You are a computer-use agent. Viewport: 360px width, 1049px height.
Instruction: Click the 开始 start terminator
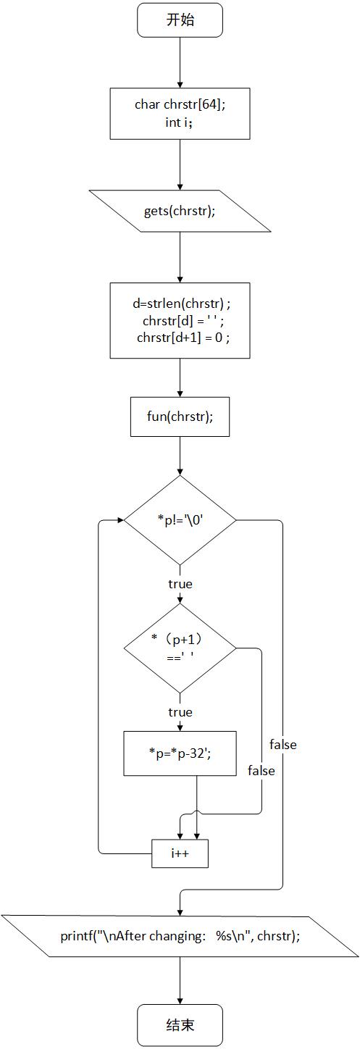tap(180, 20)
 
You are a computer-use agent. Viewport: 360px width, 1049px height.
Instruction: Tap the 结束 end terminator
tap(180, 1025)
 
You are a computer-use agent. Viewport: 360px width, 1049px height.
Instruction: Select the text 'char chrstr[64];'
tap(180, 104)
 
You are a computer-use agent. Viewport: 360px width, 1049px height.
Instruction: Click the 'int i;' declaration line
tap(179, 122)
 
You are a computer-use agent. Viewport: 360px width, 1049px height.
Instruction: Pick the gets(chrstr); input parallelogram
tap(180, 211)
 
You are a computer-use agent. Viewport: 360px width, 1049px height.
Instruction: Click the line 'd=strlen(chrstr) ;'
tap(182, 304)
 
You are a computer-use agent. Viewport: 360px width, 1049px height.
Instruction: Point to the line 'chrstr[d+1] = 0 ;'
tap(183, 337)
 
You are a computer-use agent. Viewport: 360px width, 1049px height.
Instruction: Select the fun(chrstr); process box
tap(180, 417)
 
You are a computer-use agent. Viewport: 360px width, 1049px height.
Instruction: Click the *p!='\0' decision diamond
tap(180, 520)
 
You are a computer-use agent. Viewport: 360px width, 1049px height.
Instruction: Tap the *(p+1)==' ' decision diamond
tap(180, 648)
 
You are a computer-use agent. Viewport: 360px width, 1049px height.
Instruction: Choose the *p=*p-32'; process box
tap(180, 753)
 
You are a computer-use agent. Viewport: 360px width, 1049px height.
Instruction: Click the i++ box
tap(180, 853)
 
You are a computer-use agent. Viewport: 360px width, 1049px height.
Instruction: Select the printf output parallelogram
tap(180, 936)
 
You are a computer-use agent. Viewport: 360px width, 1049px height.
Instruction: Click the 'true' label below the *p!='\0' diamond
tap(180, 584)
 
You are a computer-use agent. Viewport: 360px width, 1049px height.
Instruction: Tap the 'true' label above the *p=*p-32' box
tap(180, 712)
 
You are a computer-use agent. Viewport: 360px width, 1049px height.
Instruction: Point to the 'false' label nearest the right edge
tap(282, 745)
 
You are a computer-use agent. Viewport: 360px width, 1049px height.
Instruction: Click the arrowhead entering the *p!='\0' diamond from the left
tap(120, 520)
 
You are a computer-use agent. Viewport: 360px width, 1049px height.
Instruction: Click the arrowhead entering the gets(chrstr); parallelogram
tap(180, 186)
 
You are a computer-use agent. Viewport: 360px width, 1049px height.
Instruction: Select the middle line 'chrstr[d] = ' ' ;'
tap(183, 321)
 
